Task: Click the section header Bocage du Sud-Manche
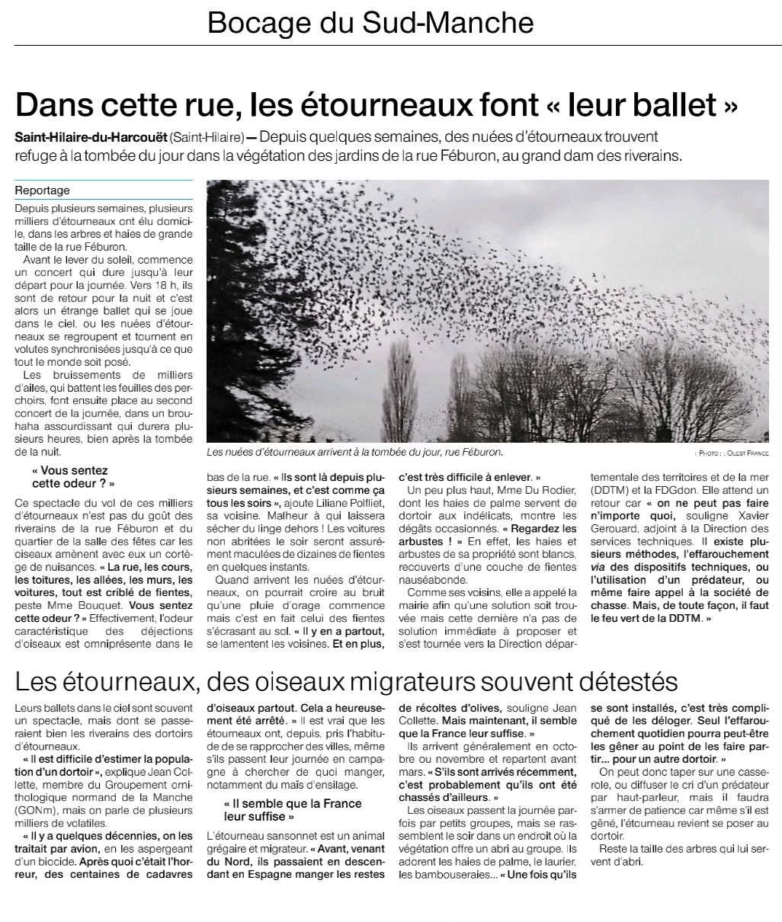coord(370,24)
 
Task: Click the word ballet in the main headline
coord(665,104)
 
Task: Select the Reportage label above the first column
coord(43,190)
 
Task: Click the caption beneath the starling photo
coord(355,452)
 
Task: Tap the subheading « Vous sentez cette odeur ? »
coord(73,477)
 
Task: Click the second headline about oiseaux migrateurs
coord(346,681)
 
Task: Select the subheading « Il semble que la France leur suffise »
coord(293,810)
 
